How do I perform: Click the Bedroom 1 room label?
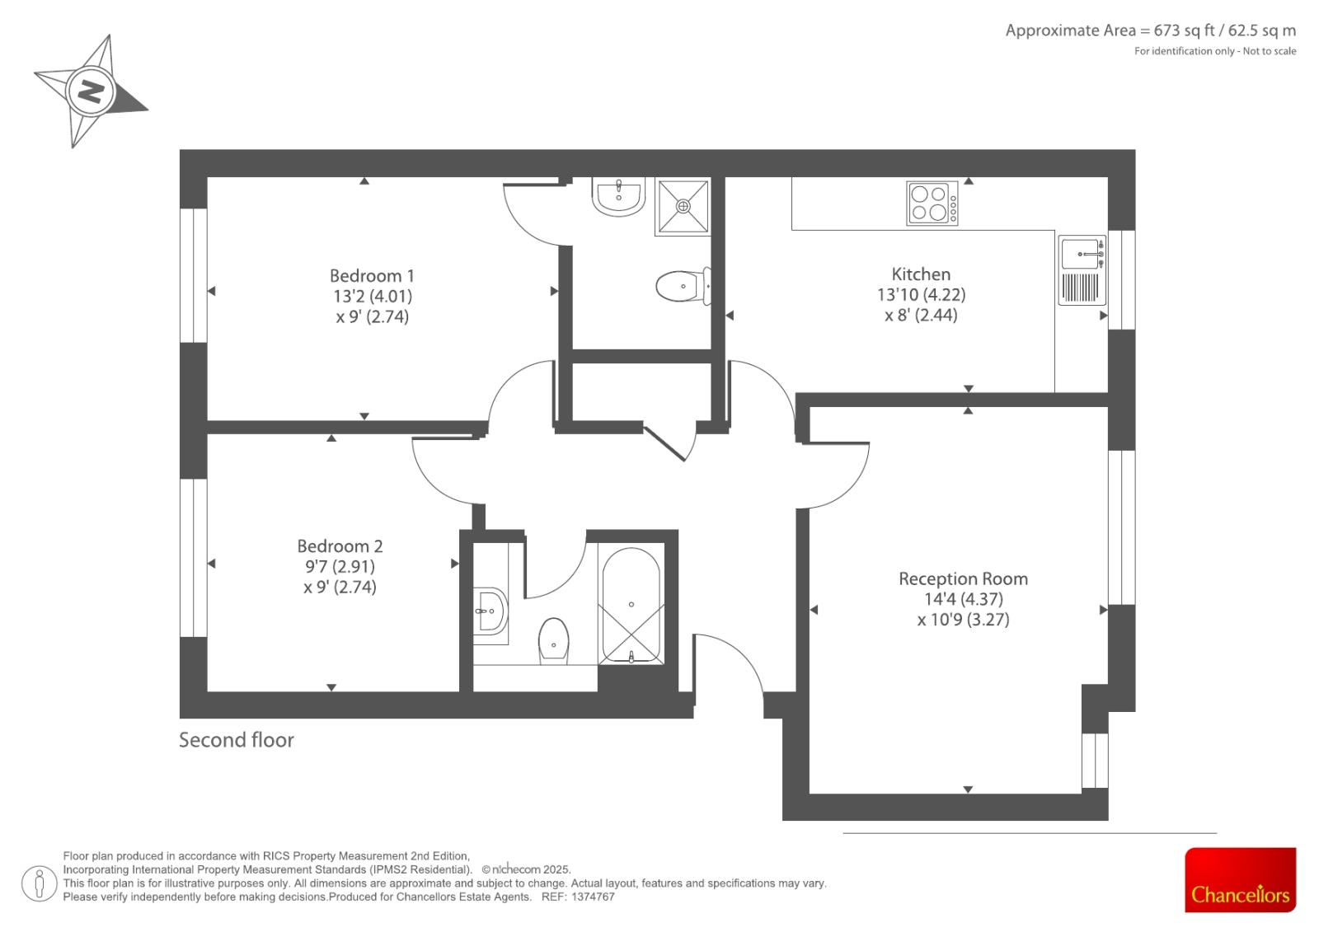point(372,275)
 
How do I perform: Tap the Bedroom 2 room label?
point(340,546)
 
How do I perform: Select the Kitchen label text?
point(921,274)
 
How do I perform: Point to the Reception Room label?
point(964,578)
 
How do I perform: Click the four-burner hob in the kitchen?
point(932,203)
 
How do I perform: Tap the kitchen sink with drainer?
point(1082,270)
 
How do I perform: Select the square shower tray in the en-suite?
point(683,206)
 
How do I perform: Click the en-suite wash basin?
point(618,197)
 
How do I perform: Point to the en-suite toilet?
point(683,286)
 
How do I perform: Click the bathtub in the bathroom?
point(631,605)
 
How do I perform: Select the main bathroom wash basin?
point(491,611)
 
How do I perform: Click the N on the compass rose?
point(92,91)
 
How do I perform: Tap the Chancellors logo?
point(1240,879)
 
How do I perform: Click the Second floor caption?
point(236,740)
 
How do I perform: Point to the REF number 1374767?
point(593,897)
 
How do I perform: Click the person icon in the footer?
point(39,883)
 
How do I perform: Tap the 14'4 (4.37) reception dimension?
point(964,599)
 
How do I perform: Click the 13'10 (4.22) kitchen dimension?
point(921,294)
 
